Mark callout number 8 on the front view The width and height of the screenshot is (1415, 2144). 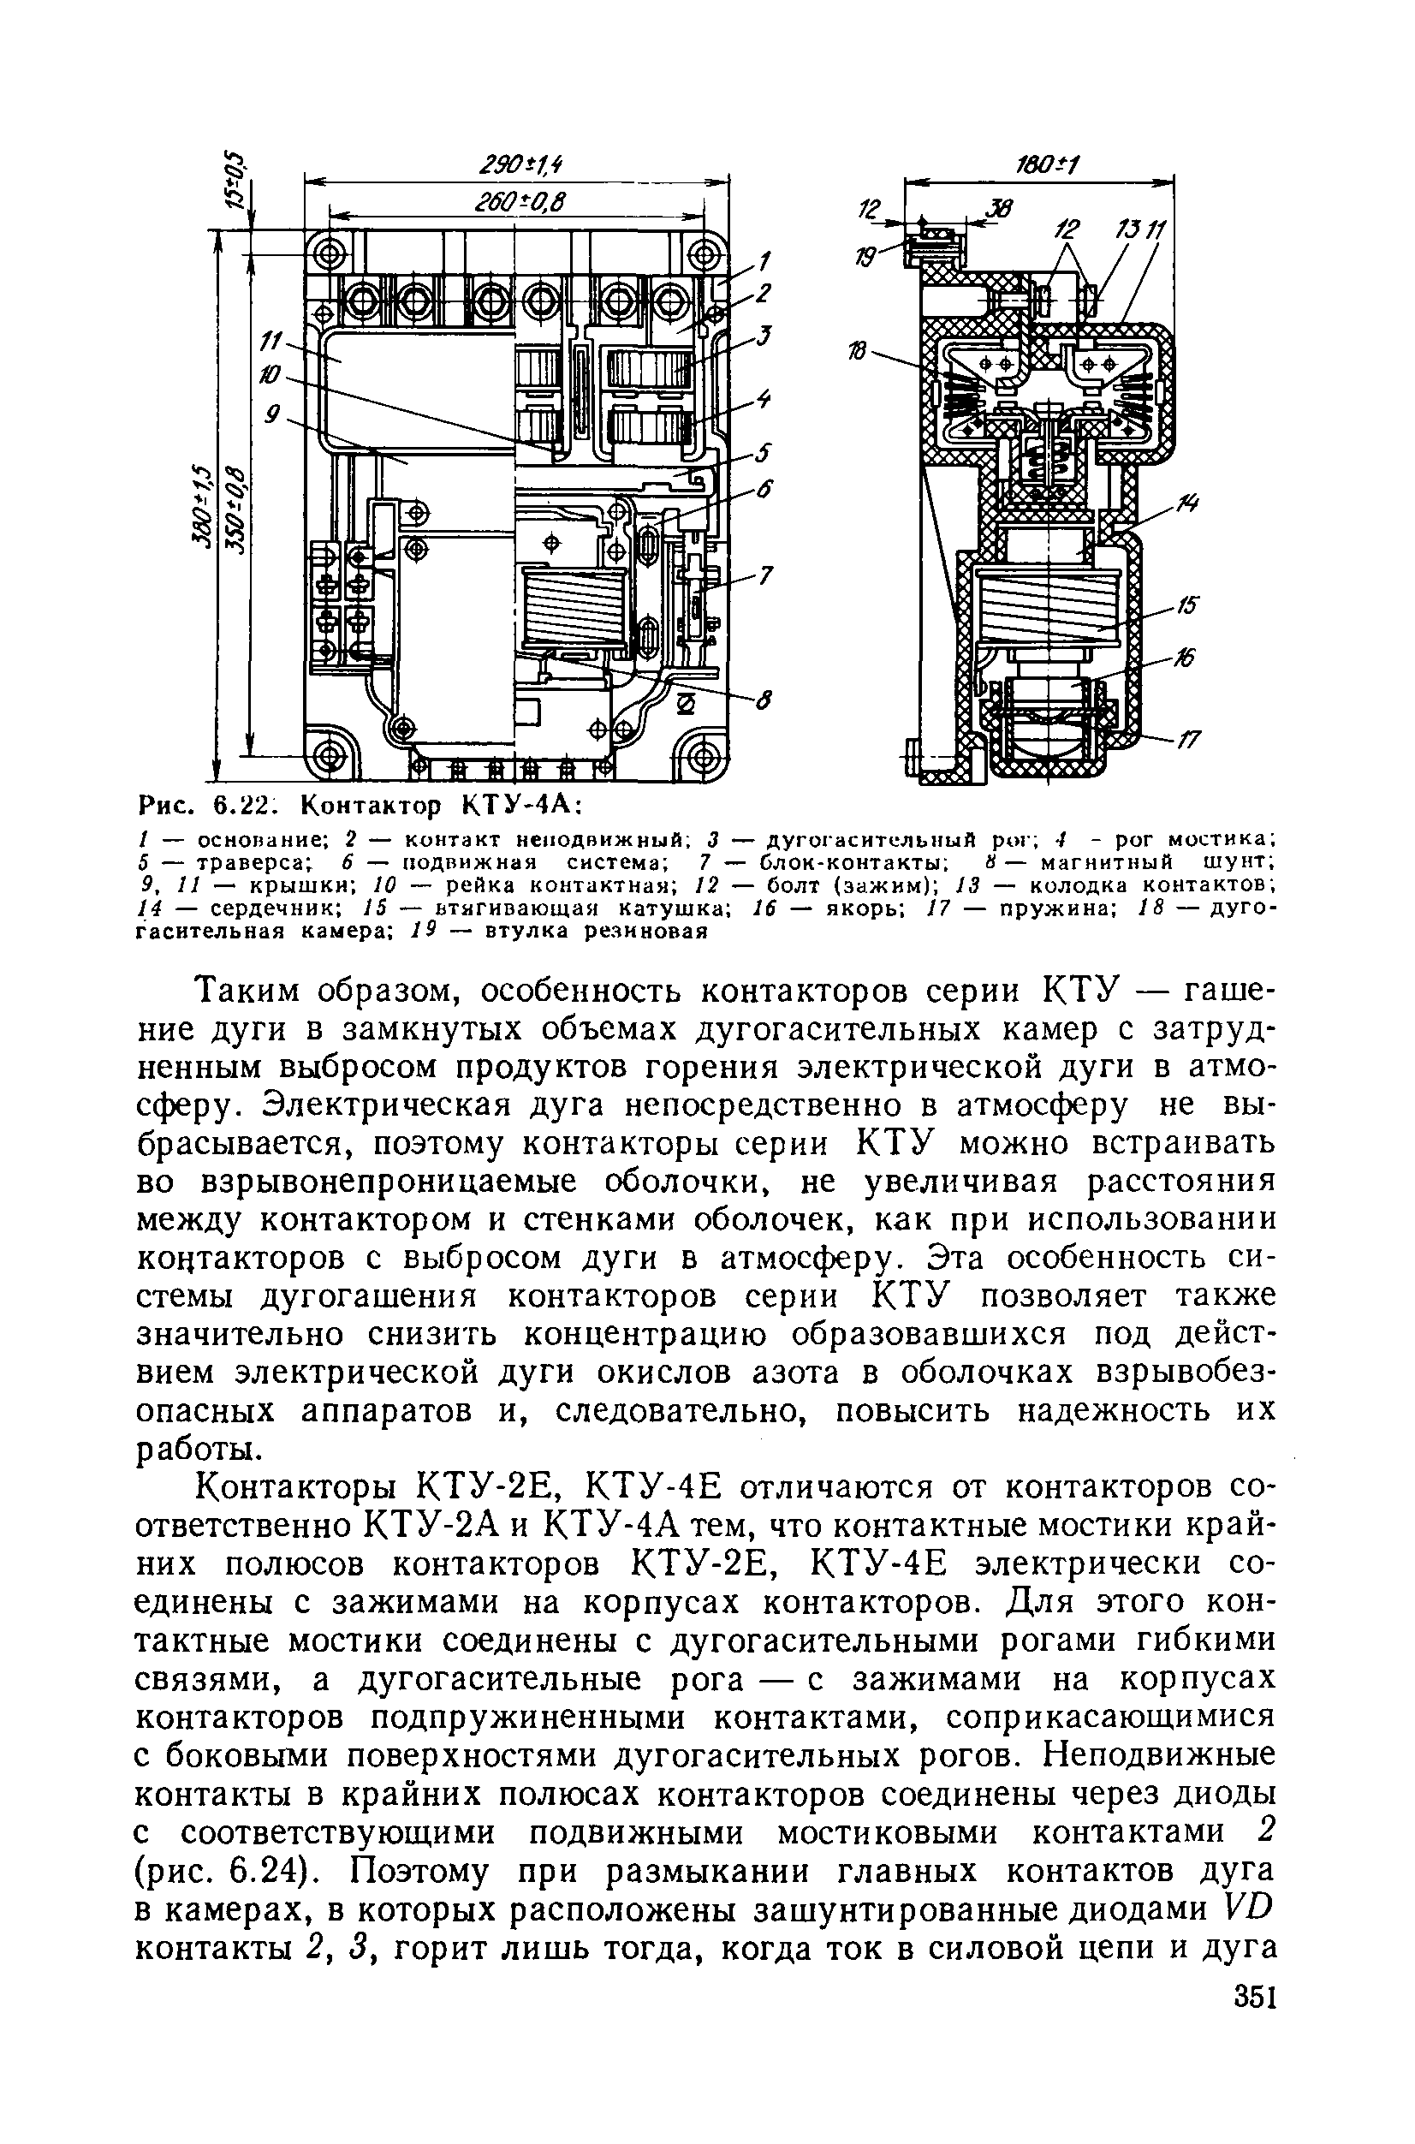[764, 699]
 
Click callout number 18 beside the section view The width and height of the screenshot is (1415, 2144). [859, 351]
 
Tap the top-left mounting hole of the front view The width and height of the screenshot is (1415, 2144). [329, 251]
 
